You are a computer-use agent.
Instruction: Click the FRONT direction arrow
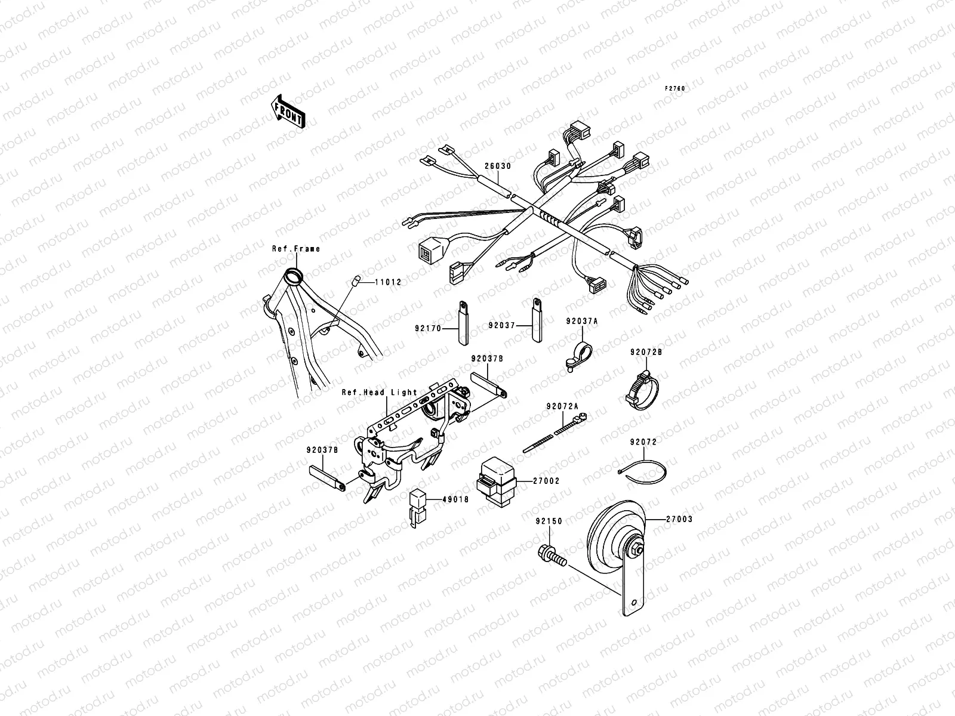tap(288, 112)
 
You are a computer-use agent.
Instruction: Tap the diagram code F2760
tap(675, 89)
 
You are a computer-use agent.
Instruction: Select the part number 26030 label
tap(498, 166)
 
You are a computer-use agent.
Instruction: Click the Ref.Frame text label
tap(296, 249)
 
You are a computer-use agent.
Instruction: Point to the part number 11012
tap(389, 282)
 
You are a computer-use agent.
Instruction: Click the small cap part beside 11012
tap(355, 280)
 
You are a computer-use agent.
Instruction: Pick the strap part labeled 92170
tap(463, 323)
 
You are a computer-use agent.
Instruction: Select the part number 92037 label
tap(501, 325)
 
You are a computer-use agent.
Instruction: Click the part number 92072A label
tap(563, 406)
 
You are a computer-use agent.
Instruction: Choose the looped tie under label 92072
tap(642, 471)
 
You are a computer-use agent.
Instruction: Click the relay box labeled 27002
tap(497, 482)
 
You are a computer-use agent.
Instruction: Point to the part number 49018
tap(456, 500)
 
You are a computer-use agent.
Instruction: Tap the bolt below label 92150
tap(552, 556)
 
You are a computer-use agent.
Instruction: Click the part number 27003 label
tap(680, 519)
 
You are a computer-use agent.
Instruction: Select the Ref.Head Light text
tap(380, 393)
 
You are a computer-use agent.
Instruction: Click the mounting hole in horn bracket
tap(634, 603)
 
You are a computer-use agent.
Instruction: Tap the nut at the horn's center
tap(636, 548)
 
